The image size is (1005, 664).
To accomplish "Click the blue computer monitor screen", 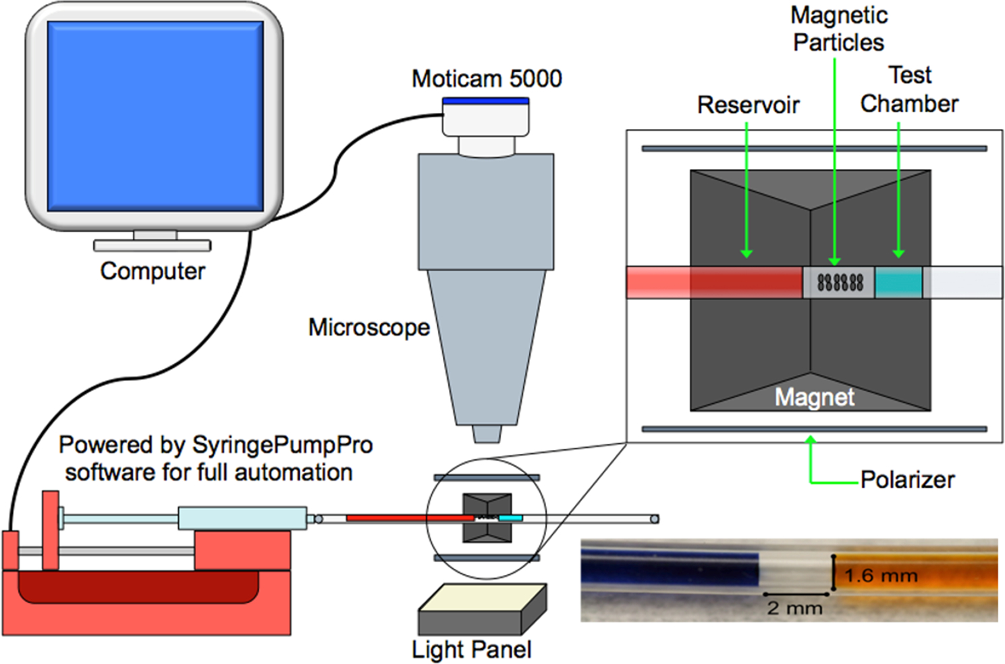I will tap(155, 116).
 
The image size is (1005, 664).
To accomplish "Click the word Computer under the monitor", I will tap(153, 271).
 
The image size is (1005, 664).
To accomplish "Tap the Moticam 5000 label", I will tap(487, 79).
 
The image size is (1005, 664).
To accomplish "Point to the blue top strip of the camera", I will tap(486, 101).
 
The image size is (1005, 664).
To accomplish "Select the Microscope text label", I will tap(369, 328).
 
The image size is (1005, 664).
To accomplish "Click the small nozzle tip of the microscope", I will tap(486, 434).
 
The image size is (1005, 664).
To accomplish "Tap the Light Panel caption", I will tap(472, 650).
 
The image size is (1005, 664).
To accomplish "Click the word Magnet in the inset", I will tap(814, 397).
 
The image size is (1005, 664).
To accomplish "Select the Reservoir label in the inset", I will tap(748, 105).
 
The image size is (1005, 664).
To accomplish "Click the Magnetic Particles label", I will tap(839, 29).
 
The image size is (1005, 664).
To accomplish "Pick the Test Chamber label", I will tap(909, 90).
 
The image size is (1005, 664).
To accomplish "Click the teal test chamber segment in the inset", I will tap(898, 282).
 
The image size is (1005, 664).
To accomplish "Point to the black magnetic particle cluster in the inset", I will tap(840, 282).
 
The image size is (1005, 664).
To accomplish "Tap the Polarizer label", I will tap(907, 480).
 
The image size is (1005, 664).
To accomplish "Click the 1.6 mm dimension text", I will tap(881, 576).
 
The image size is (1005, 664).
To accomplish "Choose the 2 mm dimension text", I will tap(794, 608).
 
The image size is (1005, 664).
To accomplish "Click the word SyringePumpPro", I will tap(282, 445).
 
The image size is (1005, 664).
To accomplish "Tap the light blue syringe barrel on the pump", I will tap(242, 519).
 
